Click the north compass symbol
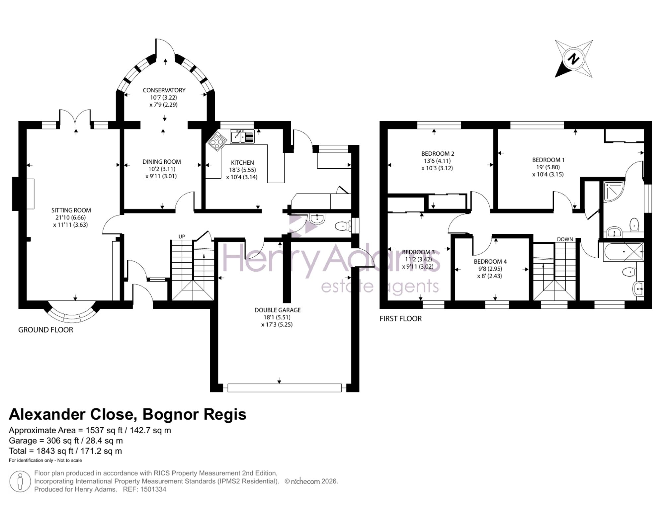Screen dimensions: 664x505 [x=574, y=59]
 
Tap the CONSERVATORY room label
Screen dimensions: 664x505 [x=164, y=90]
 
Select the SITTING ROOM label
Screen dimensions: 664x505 [x=71, y=210]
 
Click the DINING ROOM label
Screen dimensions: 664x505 [x=162, y=162]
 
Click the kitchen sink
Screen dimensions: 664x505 [x=242, y=136]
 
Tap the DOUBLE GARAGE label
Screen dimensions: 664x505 [x=278, y=310]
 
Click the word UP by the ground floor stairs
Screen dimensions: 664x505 [x=182, y=237]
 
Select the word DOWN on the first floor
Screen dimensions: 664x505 [x=565, y=239]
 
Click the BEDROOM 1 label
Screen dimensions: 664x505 [x=548, y=160]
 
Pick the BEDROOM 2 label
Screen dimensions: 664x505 [x=438, y=154]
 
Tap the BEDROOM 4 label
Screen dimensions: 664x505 [x=490, y=262]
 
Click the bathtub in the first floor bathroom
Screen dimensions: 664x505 [x=623, y=252]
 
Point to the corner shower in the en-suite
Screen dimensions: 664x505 [x=614, y=192]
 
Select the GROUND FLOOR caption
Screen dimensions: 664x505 [x=45, y=330]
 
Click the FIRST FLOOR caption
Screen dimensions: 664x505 [x=400, y=319]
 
